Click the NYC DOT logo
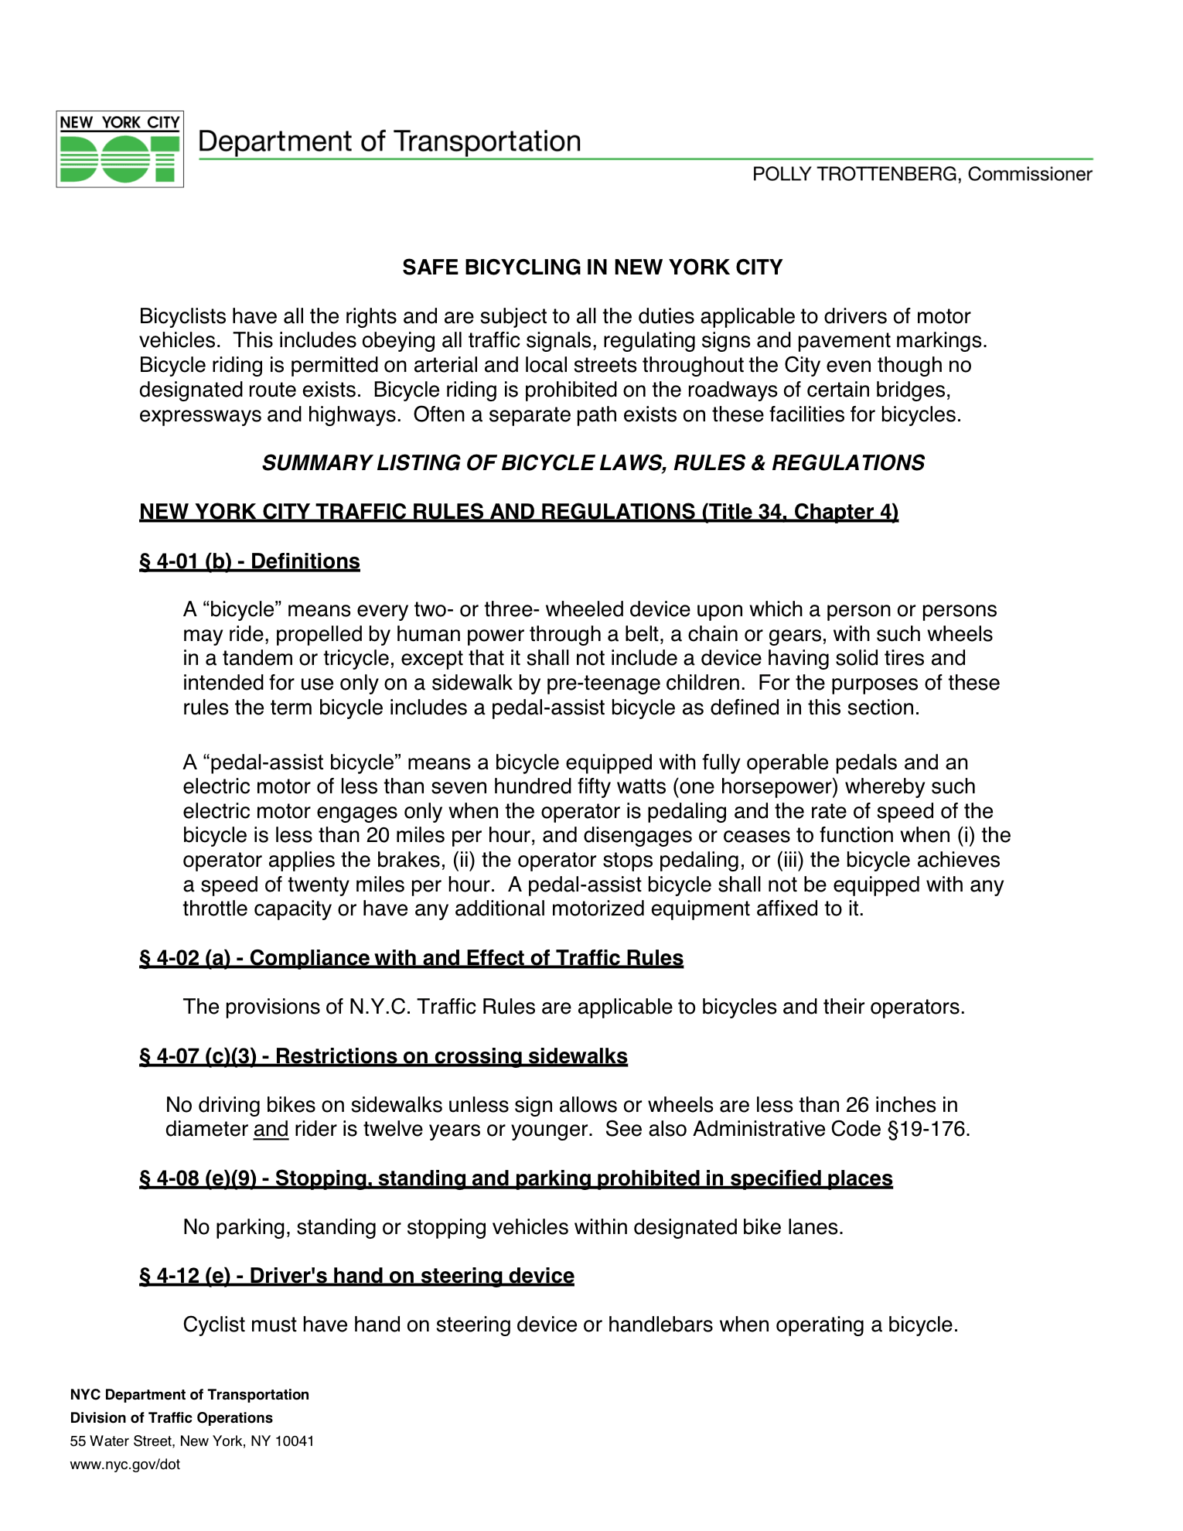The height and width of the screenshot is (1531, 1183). [120, 149]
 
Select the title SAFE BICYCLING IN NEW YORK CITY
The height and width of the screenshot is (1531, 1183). [592, 268]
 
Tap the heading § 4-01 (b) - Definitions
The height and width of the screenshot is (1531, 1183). [250, 561]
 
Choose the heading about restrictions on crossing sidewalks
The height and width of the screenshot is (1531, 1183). [384, 1056]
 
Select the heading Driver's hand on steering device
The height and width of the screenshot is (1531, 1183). [356, 1276]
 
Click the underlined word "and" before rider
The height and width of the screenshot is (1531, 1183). [271, 1130]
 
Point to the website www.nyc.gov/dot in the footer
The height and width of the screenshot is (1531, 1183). [125, 1465]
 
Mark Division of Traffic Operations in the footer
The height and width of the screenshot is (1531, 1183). [172, 1418]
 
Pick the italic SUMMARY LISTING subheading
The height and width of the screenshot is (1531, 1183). [593, 463]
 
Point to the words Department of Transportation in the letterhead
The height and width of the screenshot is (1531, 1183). [390, 142]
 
